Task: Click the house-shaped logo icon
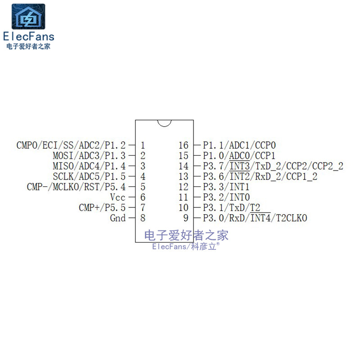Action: tap(28, 17)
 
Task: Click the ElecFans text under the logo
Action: tap(28, 37)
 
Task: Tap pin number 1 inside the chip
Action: tap(143, 145)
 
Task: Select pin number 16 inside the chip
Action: tap(183, 145)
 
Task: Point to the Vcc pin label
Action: tap(118, 198)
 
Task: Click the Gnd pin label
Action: tap(118, 218)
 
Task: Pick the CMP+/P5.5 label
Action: tap(102, 208)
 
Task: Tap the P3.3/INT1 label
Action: tap(226, 187)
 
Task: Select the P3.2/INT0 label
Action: tap(226, 198)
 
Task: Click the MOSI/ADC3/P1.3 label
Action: tap(89, 156)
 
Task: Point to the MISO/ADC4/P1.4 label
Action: tap(89, 166)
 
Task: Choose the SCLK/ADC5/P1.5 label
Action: tap(89, 176)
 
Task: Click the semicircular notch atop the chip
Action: tap(164, 122)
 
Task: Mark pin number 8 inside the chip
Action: tap(143, 218)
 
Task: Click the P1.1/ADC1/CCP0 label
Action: tap(239, 145)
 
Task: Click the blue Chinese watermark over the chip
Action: tap(186, 235)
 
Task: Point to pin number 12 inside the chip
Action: tap(183, 187)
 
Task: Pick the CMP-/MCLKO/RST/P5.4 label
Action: tap(76, 187)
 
